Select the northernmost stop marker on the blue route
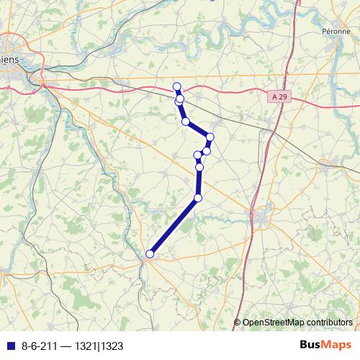coord(177,87)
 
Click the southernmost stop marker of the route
coord(150,253)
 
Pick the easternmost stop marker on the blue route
coord(210,137)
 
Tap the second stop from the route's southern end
coord(198,197)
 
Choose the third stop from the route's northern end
coord(186,122)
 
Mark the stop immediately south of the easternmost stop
coord(207,150)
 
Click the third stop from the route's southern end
coord(199,168)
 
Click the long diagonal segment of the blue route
coord(174,225)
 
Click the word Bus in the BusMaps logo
coord(312,344)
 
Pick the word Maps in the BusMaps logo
coord(337,344)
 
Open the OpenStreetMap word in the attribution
coord(274,323)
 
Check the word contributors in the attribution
coord(329,323)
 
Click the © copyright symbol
coord(238,323)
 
